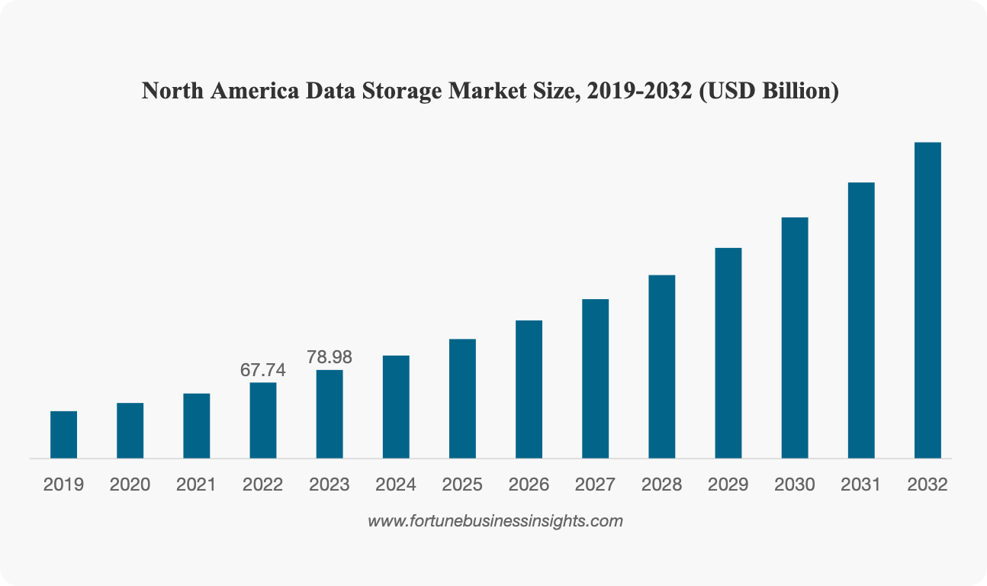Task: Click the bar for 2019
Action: (x=64, y=435)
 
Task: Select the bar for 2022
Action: (x=263, y=420)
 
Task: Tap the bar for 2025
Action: (x=462, y=398)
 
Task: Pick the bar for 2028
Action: (x=661, y=366)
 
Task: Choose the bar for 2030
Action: (x=795, y=337)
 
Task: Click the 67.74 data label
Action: (x=263, y=370)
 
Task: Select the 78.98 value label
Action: (x=330, y=357)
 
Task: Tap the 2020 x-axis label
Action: (x=130, y=485)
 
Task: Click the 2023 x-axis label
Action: (x=330, y=485)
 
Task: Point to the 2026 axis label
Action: (x=529, y=485)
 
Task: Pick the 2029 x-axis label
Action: (x=728, y=485)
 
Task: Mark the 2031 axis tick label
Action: (x=861, y=485)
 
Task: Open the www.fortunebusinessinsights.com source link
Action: (x=495, y=521)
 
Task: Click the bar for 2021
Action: (x=197, y=426)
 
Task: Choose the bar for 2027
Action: (x=595, y=378)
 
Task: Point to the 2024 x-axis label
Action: (x=396, y=485)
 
